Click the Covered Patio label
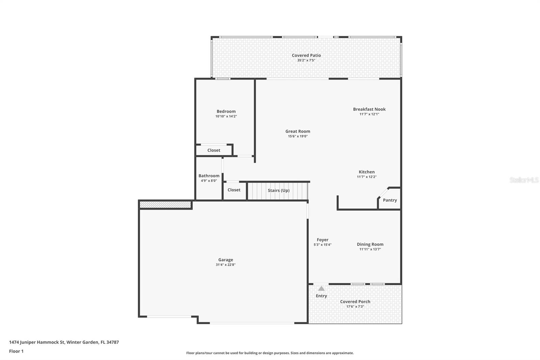pos(306,55)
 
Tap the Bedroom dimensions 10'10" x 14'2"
pos(226,117)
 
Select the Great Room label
pos(298,131)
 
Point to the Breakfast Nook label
pos(369,109)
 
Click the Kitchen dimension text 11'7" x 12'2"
pos(367,177)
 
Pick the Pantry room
pos(390,200)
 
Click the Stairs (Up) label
pos(278,190)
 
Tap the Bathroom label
pos(209,176)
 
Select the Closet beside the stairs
pos(234,190)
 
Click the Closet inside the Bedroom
pos(214,150)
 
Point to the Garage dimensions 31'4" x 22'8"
pos(225,265)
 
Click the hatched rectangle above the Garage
pos(165,205)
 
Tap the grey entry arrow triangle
pos(321,289)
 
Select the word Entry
pos(321,296)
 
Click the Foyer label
pos(322,240)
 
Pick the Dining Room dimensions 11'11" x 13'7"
pos(370,250)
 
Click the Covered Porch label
pos(355,302)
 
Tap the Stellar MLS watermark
pos(524,180)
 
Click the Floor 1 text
pos(16,351)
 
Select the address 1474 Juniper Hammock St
pos(37,342)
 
